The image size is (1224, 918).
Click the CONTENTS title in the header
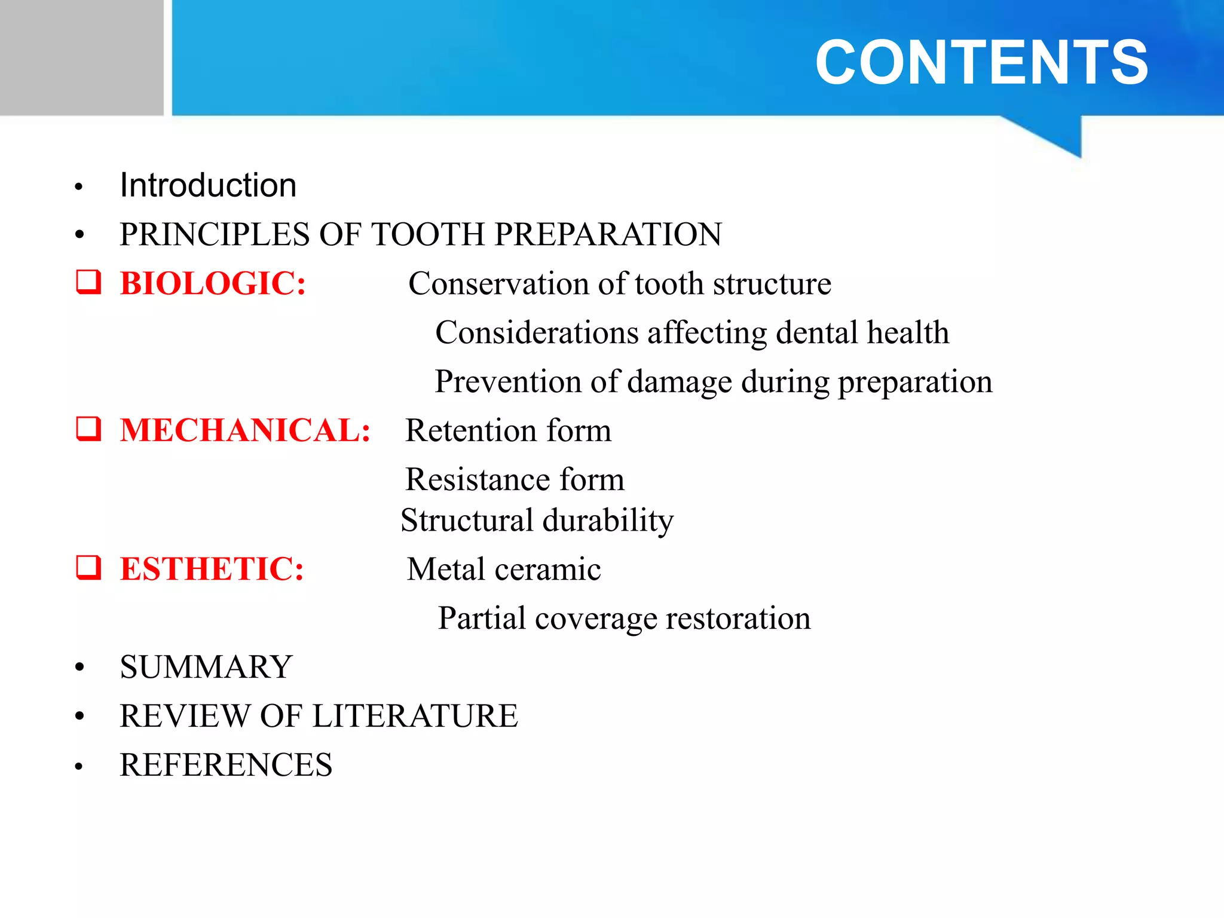(x=981, y=62)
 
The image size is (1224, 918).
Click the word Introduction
(x=208, y=185)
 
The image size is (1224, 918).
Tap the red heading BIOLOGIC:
(x=213, y=283)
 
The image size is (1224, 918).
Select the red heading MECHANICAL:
(x=245, y=430)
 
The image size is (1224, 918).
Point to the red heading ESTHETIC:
(x=212, y=569)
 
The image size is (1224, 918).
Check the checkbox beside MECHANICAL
(x=88, y=429)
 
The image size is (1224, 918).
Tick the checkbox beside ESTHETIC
(x=88, y=567)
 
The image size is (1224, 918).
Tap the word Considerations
(x=537, y=332)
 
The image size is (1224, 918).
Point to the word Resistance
(x=478, y=479)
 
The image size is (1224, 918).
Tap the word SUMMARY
(x=206, y=667)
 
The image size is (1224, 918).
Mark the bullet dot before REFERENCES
(x=79, y=766)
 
